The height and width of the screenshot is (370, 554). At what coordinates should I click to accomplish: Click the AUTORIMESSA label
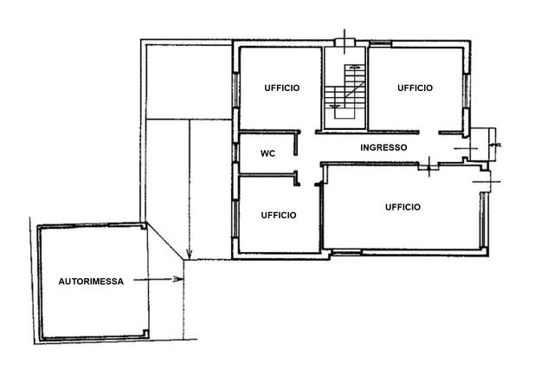91,282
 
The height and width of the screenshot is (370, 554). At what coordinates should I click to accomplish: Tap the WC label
267,153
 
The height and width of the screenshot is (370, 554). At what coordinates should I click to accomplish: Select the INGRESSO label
383,147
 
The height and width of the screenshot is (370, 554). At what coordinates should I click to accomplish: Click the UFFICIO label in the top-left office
282,88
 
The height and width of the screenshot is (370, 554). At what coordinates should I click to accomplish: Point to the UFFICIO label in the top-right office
415,88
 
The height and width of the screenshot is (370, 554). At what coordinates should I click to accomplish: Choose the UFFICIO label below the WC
279,215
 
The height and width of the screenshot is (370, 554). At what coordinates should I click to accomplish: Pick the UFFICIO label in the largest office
403,207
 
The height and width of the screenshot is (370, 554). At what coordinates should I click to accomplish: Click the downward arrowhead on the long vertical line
189,254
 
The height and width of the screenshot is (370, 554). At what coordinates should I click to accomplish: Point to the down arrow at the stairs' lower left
335,106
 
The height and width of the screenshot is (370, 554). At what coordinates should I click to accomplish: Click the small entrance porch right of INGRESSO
483,144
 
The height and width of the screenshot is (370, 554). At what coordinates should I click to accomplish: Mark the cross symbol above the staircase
345,42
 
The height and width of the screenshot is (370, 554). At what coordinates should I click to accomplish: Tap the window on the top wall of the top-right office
381,43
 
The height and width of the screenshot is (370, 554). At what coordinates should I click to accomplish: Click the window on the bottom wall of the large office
346,252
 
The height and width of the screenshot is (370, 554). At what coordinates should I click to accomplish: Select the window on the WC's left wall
235,153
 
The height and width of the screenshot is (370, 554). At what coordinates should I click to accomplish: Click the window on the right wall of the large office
483,220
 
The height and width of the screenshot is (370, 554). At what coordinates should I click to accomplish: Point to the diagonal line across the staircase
355,90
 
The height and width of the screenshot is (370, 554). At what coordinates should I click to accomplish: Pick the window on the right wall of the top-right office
466,91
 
